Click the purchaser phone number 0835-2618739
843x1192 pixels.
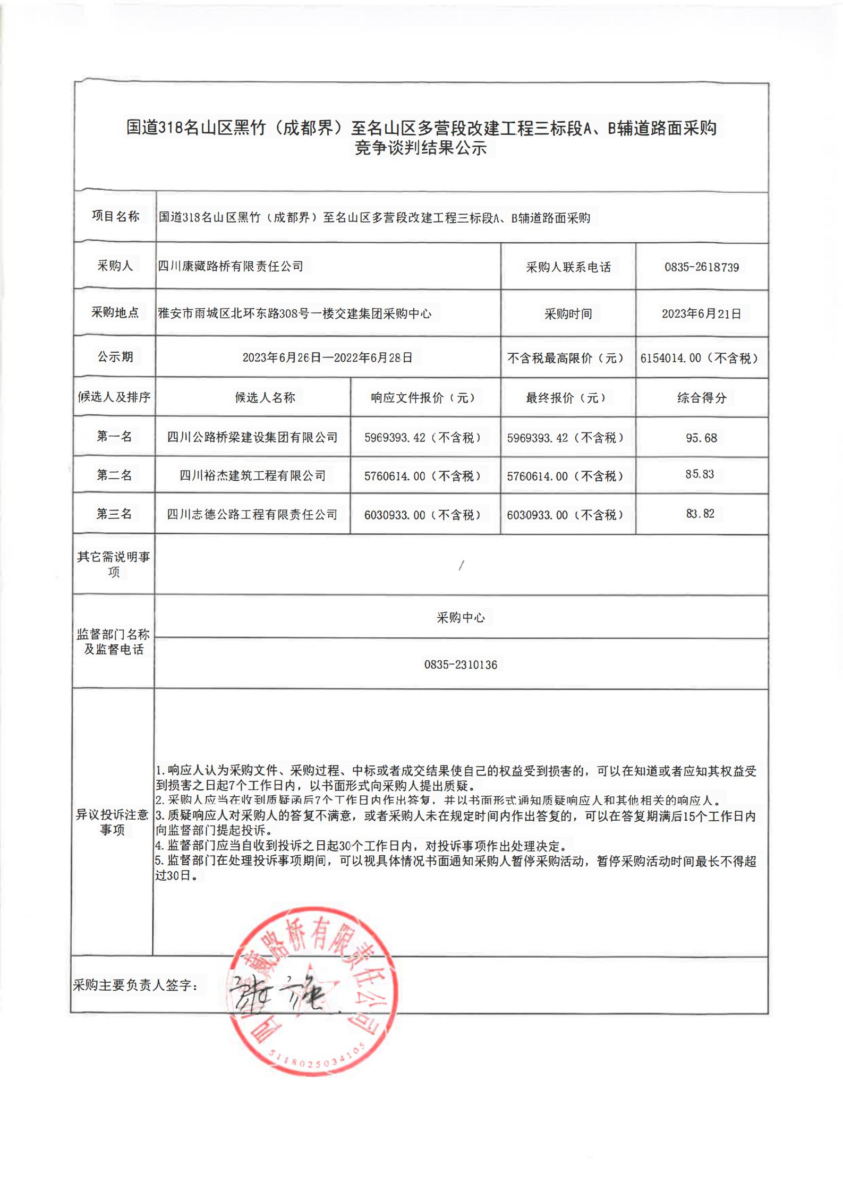tap(701, 267)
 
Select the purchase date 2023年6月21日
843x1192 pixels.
tap(701, 314)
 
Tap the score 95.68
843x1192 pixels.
tap(701, 438)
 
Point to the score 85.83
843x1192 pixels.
tap(700, 474)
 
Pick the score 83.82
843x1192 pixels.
tap(700, 514)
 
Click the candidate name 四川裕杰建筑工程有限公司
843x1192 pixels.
tap(252, 475)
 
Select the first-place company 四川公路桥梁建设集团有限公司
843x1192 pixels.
tap(252, 438)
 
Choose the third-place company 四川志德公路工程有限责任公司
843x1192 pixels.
tap(252, 514)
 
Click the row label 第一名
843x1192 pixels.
tap(114, 437)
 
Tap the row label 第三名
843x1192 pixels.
tap(114, 514)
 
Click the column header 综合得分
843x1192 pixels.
tap(701, 398)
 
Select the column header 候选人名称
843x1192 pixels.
tap(265, 397)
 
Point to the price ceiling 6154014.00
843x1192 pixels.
tap(670, 359)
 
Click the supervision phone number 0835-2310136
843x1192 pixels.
tap(461, 665)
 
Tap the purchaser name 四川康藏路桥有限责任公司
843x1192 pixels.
tap(231, 266)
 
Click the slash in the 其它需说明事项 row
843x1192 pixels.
tap(461, 566)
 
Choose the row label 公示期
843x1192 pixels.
tap(115, 357)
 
